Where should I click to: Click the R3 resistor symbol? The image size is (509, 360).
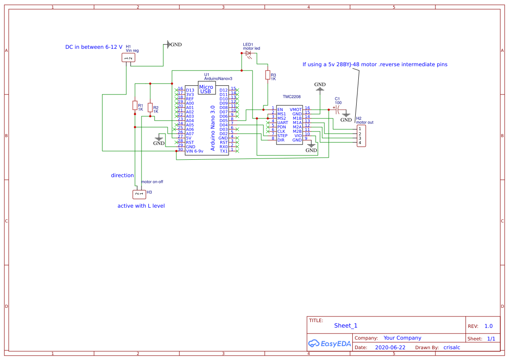[267, 75]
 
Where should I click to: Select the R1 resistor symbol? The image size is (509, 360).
[135, 105]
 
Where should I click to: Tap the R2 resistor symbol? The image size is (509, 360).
[150, 108]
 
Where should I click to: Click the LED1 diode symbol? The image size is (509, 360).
[249, 53]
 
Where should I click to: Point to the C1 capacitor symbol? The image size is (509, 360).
[337, 110]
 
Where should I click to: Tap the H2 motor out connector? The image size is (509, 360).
[361, 136]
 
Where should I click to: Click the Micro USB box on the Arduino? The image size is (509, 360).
[206, 89]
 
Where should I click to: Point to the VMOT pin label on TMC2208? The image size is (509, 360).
[296, 109]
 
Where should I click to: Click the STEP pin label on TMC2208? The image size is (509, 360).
[282, 135]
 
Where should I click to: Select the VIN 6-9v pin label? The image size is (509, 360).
[194, 151]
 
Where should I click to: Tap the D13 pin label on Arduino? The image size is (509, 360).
[190, 90]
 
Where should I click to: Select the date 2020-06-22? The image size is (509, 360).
[390, 347]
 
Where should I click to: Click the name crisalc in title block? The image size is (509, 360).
[452, 347]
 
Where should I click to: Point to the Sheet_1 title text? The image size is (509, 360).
[346, 326]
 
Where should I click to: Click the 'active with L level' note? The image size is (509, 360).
[141, 205]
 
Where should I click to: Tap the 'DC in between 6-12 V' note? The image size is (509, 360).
[94, 47]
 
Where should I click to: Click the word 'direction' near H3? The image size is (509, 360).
[122, 175]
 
